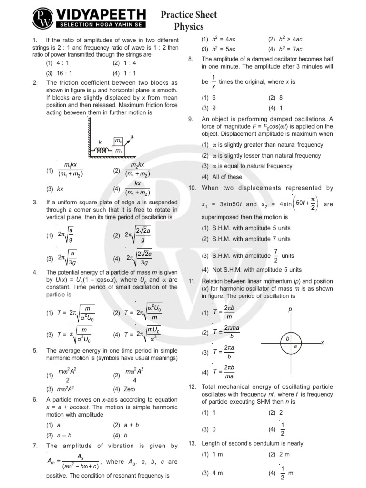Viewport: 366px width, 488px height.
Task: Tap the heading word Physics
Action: [188, 27]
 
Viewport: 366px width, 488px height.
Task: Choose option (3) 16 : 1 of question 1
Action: [59, 73]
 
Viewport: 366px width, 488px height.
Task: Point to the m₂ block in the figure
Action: [118, 142]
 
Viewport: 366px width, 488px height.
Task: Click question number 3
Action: [35, 203]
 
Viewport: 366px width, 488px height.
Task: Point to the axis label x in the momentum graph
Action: [322, 343]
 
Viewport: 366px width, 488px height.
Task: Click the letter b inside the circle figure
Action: [287, 338]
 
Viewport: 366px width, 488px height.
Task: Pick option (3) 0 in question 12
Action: [209, 429]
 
